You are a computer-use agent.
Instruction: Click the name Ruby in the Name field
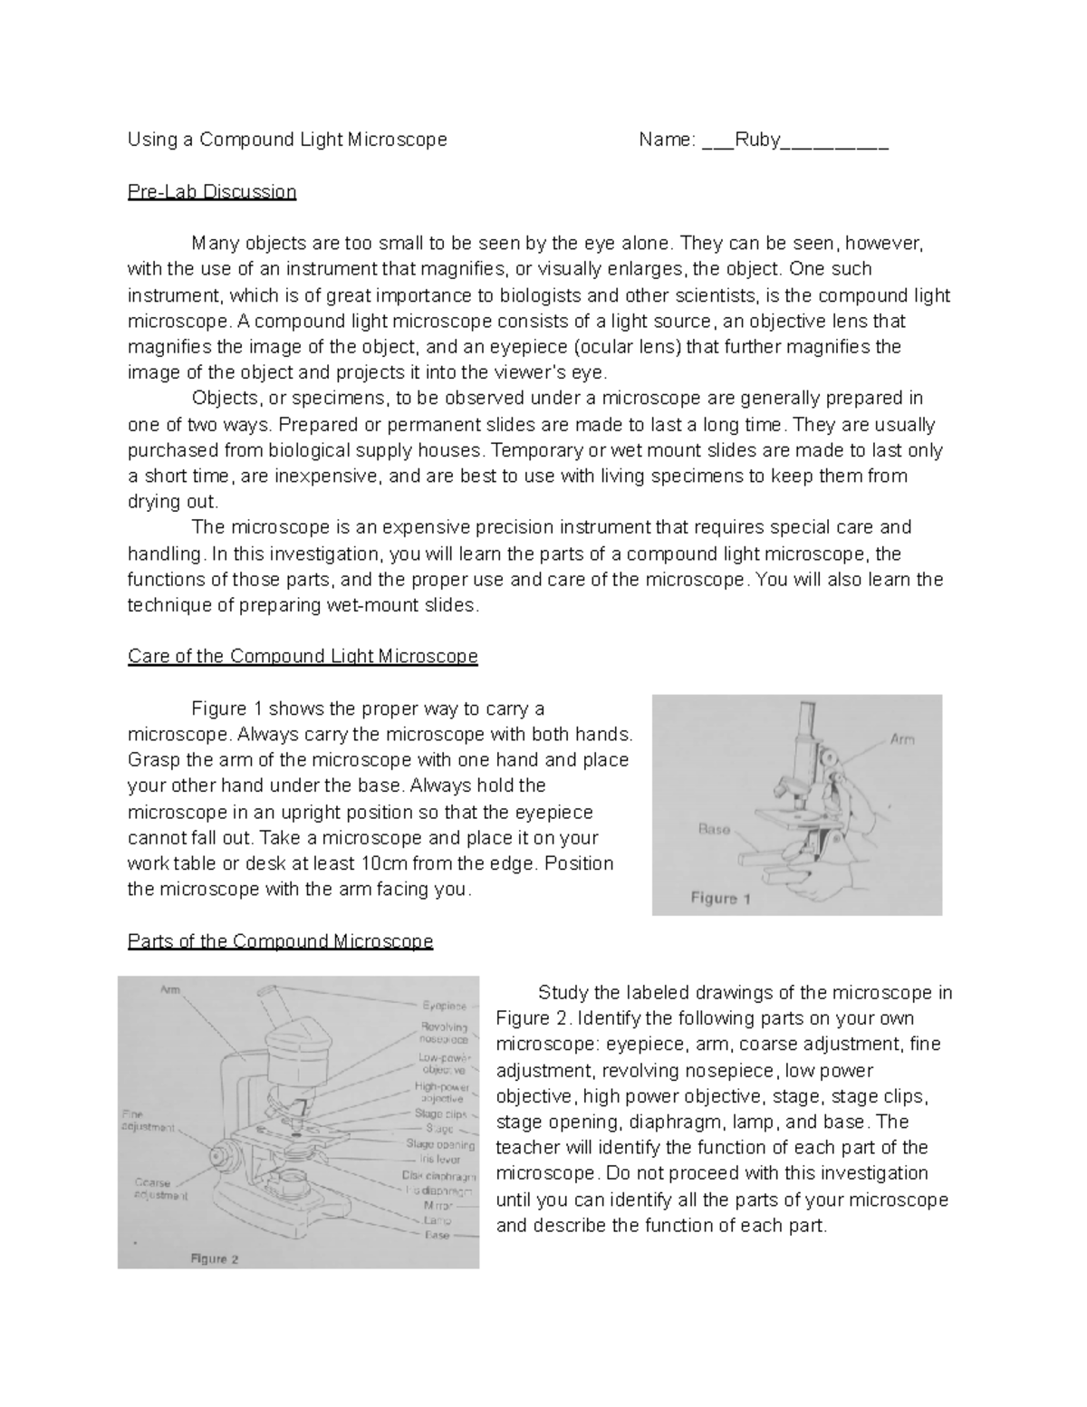click(x=757, y=140)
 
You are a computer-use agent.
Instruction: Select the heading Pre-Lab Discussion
click(x=212, y=192)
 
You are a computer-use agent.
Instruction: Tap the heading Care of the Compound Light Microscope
click(x=303, y=656)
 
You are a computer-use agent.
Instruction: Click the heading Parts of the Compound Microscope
click(x=280, y=941)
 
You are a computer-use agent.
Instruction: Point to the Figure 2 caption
click(x=214, y=1258)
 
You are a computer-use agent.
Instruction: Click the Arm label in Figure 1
click(x=901, y=739)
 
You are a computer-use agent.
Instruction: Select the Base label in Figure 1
click(x=714, y=828)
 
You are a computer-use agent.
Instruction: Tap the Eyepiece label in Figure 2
click(x=444, y=1006)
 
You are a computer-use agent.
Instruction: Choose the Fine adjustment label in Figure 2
click(x=148, y=1121)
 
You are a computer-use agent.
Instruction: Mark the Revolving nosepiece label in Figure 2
click(x=444, y=1033)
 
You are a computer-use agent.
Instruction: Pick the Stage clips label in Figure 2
click(x=440, y=1113)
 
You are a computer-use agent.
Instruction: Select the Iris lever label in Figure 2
click(x=439, y=1159)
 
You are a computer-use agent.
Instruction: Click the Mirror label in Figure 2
click(x=438, y=1206)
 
